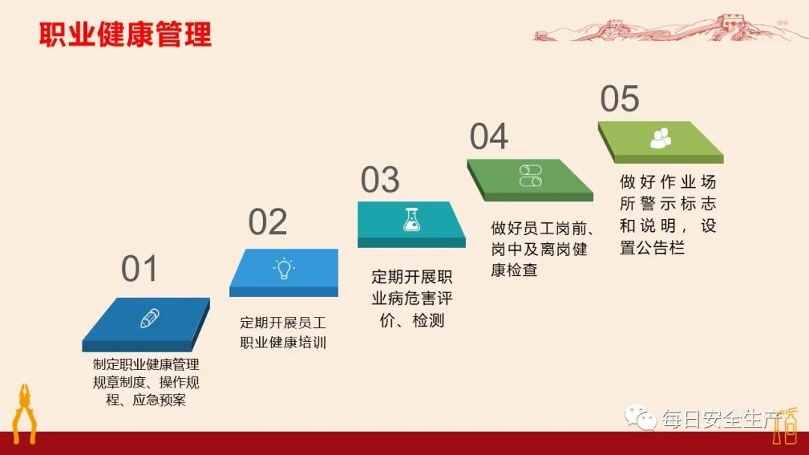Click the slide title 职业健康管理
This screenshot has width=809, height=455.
(x=126, y=34)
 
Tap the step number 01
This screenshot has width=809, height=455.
(x=140, y=269)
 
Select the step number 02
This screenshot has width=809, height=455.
(x=267, y=222)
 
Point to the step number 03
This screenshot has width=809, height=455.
(x=380, y=180)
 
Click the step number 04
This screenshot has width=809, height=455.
(x=488, y=137)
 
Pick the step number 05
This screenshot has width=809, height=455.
(x=619, y=99)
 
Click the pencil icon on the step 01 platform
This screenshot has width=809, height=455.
(x=150, y=318)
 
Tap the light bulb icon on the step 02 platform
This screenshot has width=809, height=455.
(x=284, y=269)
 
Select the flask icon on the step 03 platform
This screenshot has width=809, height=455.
(x=411, y=219)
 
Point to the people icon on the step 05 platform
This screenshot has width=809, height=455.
(x=661, y=137)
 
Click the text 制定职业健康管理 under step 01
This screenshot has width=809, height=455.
(x=146, y=365)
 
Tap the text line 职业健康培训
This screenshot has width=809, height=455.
(x=283, y=343)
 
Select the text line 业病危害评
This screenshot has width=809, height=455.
(x=412, y=299)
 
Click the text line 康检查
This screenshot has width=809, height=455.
(x=514, y=270)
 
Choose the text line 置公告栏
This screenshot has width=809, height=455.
(x=652, y=248)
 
